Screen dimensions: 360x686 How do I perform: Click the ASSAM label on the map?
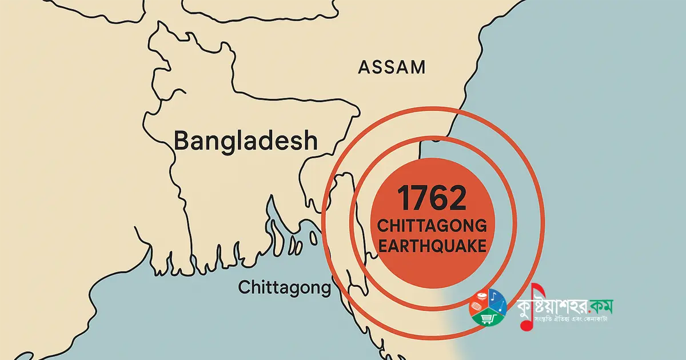[392, 67]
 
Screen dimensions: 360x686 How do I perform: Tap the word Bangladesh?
[245, 141]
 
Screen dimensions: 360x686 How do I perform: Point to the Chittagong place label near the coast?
[284, 287]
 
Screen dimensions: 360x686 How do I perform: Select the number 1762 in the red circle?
[432, 198]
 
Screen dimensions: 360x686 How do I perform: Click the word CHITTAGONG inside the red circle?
[432, 226]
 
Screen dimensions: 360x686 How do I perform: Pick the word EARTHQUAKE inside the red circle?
[432, 246]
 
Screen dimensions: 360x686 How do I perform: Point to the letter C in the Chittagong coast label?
[243, 287]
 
